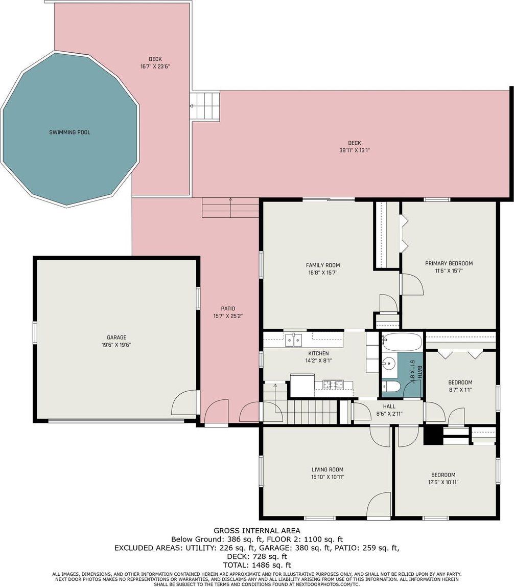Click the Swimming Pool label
point(69,132)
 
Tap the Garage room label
point(116,337)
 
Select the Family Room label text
point(323,265)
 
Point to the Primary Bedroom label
point(449,263)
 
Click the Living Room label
point(328,469)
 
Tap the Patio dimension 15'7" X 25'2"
point(228,316)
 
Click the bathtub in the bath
point(402,342)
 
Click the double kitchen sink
point(294,340)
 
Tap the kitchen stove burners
point(333,383)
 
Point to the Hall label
point(389,406)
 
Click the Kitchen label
point(318,353)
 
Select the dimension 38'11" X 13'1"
point(355,150)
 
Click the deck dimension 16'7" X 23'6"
point(155,66)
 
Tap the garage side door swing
point(184,402)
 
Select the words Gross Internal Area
point(256,530)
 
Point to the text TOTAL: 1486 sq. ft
point(256,565)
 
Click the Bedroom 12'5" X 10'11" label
point(443,479)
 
